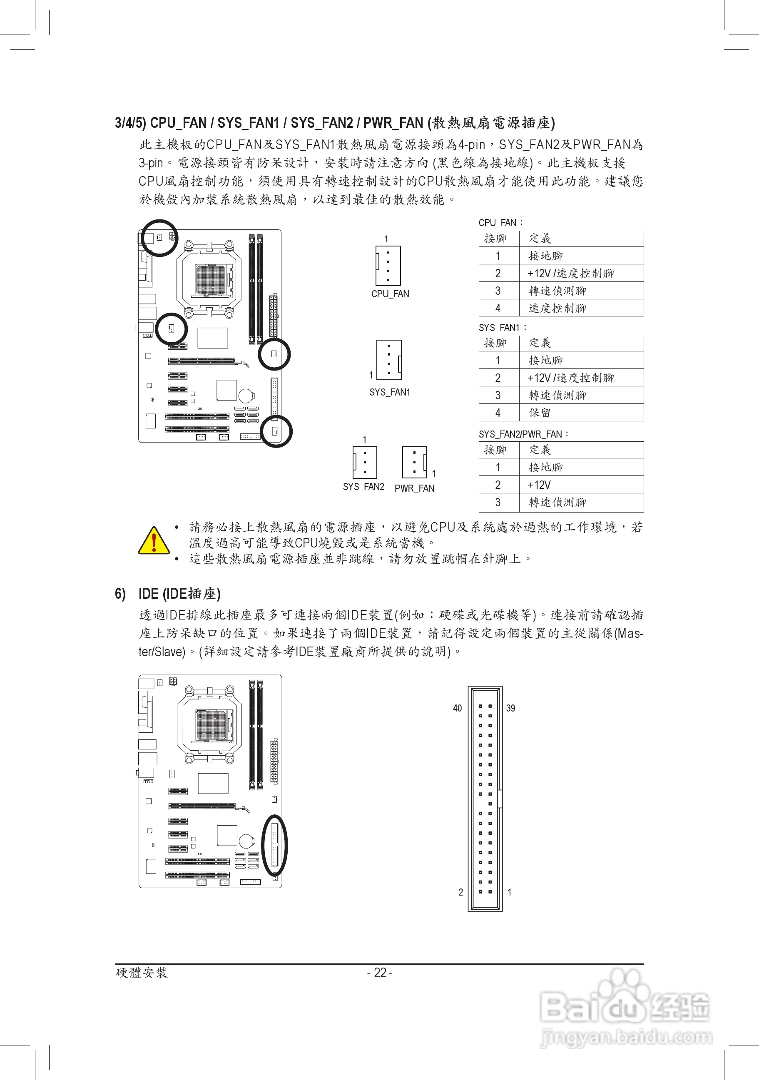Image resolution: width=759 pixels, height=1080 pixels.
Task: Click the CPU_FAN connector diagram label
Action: point(390,294)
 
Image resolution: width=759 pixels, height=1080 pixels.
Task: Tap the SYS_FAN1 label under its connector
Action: point(389,392)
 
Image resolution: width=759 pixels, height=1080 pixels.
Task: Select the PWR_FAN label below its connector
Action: point(414,488)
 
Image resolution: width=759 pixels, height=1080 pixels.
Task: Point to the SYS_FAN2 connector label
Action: point(363,487)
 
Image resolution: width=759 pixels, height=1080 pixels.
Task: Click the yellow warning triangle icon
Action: point(154,541)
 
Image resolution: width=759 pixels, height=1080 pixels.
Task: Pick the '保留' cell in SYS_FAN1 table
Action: point(540,413)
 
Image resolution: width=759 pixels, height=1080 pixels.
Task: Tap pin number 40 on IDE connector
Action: point(457,708)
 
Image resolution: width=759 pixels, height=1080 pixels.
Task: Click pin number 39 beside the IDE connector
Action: point(511,708)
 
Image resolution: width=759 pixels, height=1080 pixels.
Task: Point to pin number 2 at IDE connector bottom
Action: point(460,892)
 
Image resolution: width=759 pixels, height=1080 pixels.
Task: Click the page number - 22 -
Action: point(380,973)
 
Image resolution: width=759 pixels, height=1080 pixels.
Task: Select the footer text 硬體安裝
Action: point(142,973)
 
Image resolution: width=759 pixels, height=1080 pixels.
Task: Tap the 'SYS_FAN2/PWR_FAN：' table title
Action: point(524,434)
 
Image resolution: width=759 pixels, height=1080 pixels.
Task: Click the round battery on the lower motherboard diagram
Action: point(246,841)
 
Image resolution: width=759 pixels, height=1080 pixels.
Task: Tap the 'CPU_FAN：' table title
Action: point(501,222)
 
